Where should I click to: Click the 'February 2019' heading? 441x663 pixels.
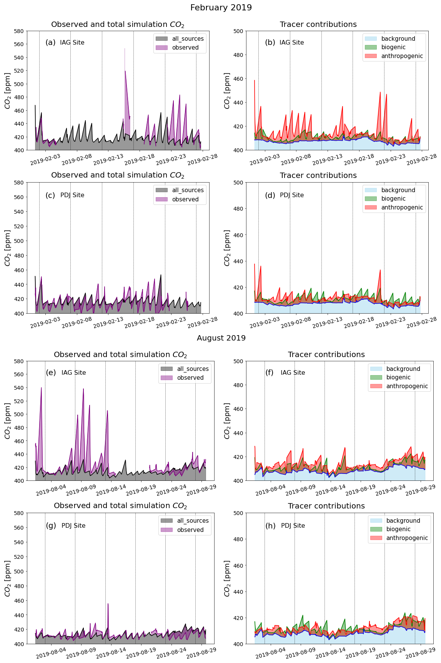click(x=221, y=8)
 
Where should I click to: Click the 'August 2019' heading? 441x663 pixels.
click(x=221, y=338)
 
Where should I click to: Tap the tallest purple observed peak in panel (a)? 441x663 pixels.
click(x=125, y=49)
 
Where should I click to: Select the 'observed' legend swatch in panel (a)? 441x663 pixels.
click(x=161, y=48)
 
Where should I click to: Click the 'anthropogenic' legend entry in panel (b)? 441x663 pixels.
click(x=402, y=56)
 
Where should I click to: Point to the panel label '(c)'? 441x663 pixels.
click(x=50, y=195)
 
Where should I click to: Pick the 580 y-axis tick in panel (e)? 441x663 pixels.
click(x=19, y=361)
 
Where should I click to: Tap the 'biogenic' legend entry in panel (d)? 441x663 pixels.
click(x=393, y=199)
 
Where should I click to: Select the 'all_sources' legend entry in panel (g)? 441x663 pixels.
click(x=193, y=521)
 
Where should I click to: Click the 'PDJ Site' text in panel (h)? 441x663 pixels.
click(x=293, y=526)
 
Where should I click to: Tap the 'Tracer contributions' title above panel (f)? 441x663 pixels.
click(x=326, y=354)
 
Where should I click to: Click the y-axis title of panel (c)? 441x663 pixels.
click(x=8, y=248)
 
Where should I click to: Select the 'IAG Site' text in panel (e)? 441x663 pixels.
click(x=73, y=373)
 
